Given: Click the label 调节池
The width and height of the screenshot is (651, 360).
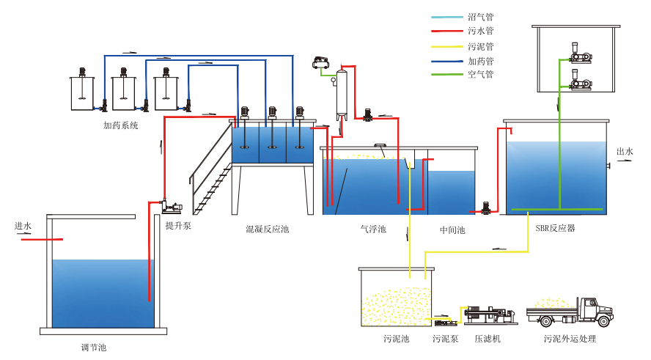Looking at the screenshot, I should tap(93, 347).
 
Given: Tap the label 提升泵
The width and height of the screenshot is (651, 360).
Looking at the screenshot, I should tap(178, 225).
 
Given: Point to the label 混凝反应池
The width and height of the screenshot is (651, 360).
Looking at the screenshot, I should tap(267, 229).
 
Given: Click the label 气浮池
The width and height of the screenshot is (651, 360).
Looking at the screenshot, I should tap(372, 229).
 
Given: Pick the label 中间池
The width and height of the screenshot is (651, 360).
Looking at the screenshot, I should tap(452, 229).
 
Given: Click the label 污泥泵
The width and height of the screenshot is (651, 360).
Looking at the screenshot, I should tap(446, 339).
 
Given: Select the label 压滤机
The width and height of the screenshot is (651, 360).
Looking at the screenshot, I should tap(487, 339).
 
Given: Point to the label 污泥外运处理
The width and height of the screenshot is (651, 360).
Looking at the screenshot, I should tap(570, 339).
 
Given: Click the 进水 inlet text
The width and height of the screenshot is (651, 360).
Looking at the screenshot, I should tap(23, 226).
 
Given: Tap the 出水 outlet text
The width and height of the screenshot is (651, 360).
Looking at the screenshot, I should tap(625, 152).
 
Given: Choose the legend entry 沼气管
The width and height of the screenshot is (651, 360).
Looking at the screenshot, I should tap(480, 16).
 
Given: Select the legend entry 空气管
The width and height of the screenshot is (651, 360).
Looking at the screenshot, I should tap(480, 74).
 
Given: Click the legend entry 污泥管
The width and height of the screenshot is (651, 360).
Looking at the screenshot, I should tap(480, 45).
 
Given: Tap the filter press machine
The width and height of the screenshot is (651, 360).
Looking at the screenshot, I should tap(488, 315).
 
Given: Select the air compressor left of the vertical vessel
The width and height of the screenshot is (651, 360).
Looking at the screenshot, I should tap(320, 63).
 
